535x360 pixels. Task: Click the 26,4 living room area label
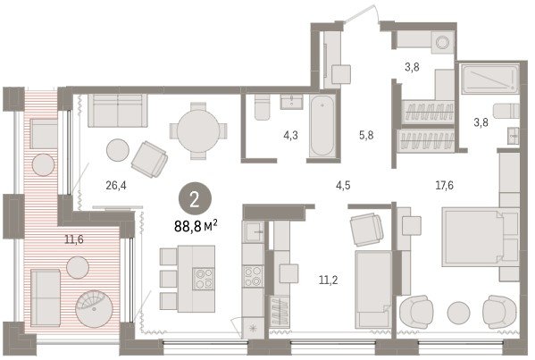[116, 186]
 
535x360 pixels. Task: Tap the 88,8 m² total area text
[196, 226]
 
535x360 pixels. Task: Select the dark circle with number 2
[195, 199]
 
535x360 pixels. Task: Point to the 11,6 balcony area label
[74, 239]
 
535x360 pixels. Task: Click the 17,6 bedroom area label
[444, 185]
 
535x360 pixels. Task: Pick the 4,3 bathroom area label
[290, 136]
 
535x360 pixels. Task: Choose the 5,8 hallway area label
[366, 136]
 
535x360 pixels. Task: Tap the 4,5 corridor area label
[343, 185]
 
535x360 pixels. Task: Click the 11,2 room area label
[328, 280]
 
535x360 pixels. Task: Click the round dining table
[198, 131]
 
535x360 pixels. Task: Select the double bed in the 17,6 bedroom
[481, 237]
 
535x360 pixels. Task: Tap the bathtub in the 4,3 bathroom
[322, 126]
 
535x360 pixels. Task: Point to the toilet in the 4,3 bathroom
[262, 107]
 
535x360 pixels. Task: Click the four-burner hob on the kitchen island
[204, 279]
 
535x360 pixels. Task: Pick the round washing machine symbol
[443, 43]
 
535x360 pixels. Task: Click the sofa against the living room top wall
[118, 111]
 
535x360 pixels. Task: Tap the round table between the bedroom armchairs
[458, 313]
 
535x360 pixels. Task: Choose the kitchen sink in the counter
[253, 232]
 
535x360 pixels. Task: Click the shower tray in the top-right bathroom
[490, 80]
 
